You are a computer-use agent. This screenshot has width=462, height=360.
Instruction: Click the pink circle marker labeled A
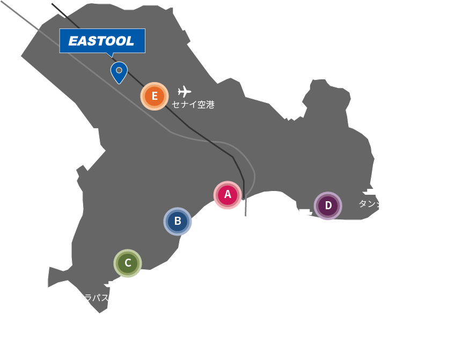pyautogui.click(x=228, y=195)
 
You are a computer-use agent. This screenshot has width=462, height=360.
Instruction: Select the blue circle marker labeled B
pyautogui.click(x=178, y=221)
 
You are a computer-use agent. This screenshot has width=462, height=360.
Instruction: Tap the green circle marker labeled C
pyautogui.click(x=128, y=263)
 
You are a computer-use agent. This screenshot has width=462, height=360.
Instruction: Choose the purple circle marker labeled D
pyautogui.click(x=328, y=205)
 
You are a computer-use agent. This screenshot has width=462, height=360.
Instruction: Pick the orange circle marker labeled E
pyautogui.click(x=155, y=96)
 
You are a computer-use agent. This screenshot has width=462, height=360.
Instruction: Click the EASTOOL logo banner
pyautogui.click(x=101, y=41)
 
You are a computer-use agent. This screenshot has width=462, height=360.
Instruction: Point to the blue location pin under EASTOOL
pyautogui.click(x=118, y=71)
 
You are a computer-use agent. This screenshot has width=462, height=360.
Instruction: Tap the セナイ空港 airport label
pyautogui.click(x=193, y=105)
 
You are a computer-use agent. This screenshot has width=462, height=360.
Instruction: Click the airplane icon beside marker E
pyautogui.click(x=185, y=91)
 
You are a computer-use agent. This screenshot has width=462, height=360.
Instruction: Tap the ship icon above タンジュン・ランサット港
pyautogui.click(x=371, y=192)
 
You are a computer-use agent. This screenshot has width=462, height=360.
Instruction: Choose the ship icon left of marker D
pyautogui.click(x=303, y=212)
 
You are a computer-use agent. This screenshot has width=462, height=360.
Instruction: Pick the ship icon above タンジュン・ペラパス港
pyautogui.click(x=113, y=284)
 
